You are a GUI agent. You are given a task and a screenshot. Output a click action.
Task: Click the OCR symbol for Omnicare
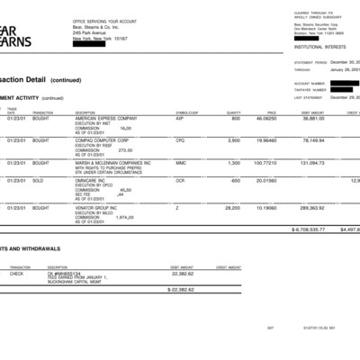180,180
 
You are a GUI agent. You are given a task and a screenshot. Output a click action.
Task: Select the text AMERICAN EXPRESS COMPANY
106,118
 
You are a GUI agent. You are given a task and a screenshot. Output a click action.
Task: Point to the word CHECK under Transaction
16,273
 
